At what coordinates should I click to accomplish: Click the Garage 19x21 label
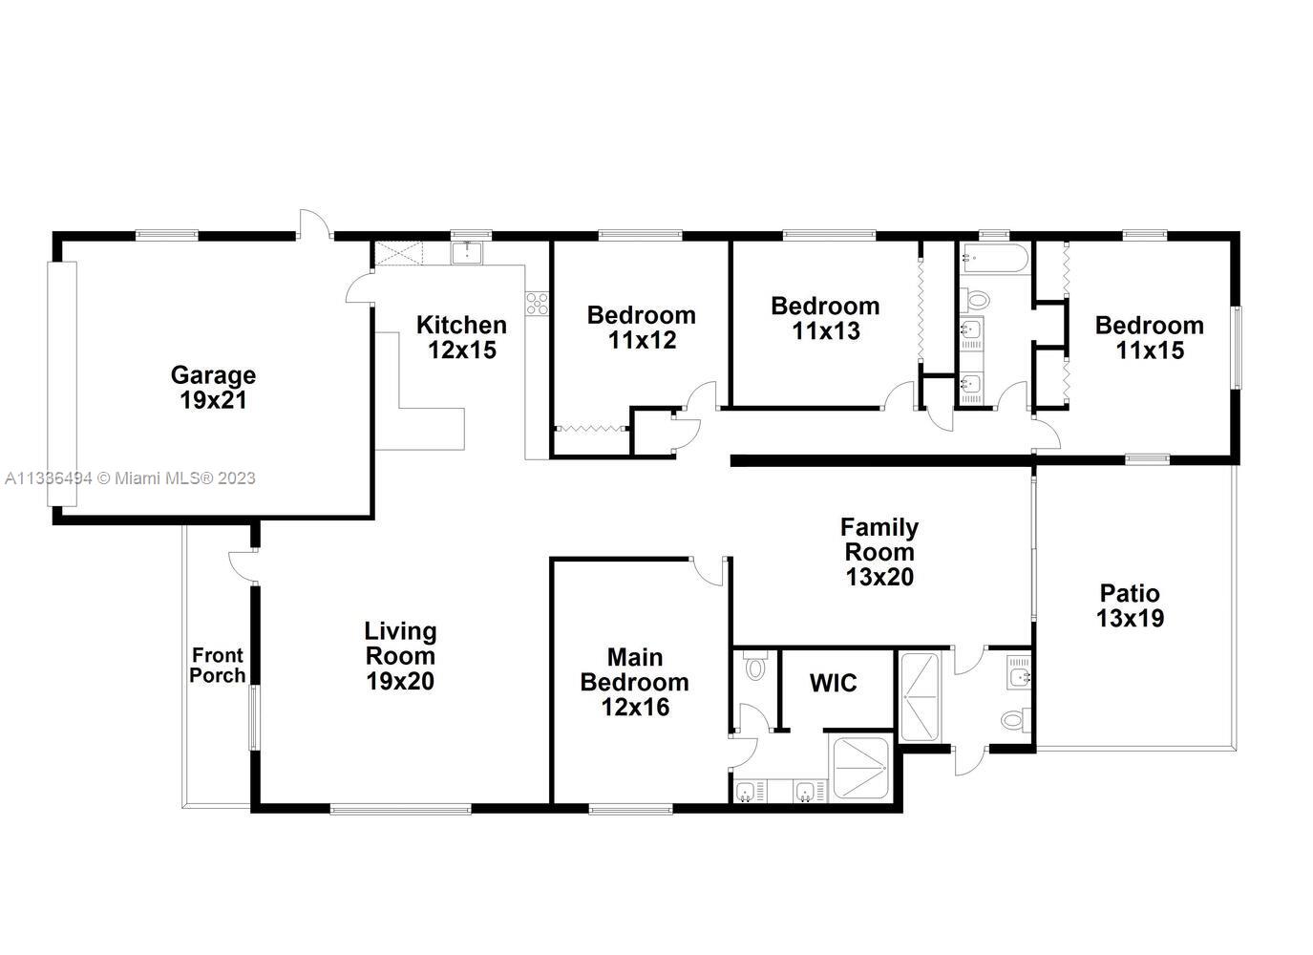[213, 388]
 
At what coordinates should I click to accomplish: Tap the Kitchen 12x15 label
[461, 337]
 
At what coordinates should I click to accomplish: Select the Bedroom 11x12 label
[642, 328]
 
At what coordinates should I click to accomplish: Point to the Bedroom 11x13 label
[825, 318]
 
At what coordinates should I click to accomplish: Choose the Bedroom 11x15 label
[1150, 338]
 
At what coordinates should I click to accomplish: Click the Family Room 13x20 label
[879, 552]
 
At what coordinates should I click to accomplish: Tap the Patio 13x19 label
[1130, 605]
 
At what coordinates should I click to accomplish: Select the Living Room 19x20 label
[400, 656]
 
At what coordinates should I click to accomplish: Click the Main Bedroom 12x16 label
[635, 682]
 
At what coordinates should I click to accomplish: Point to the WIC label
[833, 683]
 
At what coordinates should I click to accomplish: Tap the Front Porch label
[218, 665]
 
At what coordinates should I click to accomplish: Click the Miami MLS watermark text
[130, 478]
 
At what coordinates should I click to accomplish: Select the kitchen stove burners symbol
[537, 304]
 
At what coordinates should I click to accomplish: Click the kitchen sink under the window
[466, 253]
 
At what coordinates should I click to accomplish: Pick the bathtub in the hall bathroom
[993, 258]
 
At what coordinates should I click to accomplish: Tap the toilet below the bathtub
[974, 300]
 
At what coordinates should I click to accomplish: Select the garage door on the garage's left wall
[61, 385]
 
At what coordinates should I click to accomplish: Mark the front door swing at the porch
[242, 566]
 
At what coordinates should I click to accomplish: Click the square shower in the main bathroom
[860, 769]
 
